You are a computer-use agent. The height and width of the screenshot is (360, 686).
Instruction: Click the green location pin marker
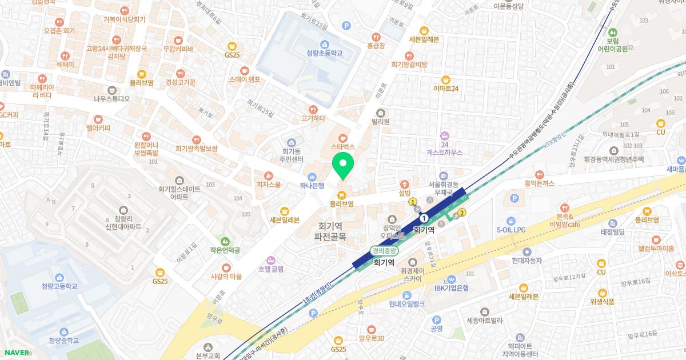(x=343, y=165)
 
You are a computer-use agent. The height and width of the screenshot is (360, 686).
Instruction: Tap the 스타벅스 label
(x=343, y=146)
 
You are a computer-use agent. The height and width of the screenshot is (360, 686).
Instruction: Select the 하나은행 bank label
(x=312, y=185)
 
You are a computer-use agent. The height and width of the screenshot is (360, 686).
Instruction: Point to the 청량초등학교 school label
(x=324, y=53)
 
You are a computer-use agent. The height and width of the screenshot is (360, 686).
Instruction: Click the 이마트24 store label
(x=446, y=88)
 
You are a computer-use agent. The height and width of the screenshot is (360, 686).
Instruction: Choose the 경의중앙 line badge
(x=384, y=250)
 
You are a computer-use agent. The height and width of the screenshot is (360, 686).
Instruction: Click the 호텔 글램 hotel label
(x=270, y=268)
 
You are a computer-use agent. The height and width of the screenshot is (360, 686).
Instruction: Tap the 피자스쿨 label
(x=268, y=185)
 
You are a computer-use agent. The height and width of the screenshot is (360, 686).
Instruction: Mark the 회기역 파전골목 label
(x=338, y=230)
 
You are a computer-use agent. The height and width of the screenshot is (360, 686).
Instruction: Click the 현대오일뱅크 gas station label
(x=406, y=303)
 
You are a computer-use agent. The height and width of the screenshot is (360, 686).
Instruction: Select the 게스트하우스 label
(x=444, y=153)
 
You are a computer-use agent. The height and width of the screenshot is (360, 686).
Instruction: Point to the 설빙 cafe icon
(x=405, y=184)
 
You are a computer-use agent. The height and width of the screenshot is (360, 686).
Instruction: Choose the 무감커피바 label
(x=178, y=49)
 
